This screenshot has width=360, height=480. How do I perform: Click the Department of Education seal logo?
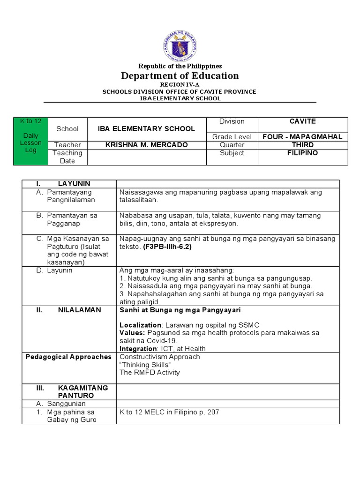[x=180, y=45]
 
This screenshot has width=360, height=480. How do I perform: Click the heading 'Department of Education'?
[x=180, y=76]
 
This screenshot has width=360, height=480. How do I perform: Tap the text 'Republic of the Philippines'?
[x=180, y=66]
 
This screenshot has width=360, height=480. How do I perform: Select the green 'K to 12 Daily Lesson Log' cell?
[x=31, y=141]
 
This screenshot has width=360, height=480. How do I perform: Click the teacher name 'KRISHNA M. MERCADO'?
[x=147, y=145]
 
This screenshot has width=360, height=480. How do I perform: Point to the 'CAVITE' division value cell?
[x=303, y=122]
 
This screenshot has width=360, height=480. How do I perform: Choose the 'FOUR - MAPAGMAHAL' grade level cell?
[x=303, y=137]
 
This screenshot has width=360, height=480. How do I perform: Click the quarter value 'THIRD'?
[x=303, y=145]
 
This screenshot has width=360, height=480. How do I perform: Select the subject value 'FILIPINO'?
[x=303, y=153]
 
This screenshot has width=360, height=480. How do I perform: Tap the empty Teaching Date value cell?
[x=147, y=157]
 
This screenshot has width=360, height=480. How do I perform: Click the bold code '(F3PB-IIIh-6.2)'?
[x=167, y=247]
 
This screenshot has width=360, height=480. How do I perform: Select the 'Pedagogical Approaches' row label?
[x=68, y=357]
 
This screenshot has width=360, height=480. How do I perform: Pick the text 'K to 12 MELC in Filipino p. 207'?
[x=169, y=412]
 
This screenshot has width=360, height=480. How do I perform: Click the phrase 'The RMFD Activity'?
[x=150, y=373]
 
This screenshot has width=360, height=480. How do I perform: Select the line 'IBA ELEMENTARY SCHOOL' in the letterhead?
[x=180, y=98]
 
